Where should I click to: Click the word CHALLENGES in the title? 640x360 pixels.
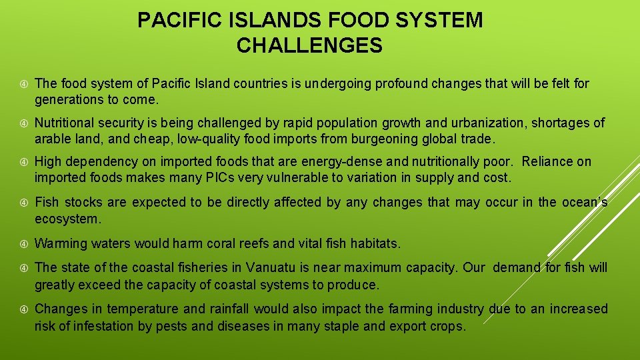coord(309,46)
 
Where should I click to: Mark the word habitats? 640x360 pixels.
coord(374,243)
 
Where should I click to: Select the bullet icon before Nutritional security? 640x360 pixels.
coord(23,123)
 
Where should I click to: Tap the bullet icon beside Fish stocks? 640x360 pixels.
coord(23,203)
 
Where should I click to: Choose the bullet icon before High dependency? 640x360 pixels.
coord(23,162)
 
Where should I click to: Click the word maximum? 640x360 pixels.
coord(389,268)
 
